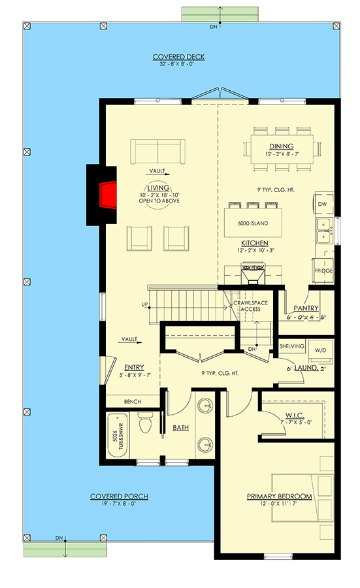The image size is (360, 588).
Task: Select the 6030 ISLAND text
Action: [x=254, y=223]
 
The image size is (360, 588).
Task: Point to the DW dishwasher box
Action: [x=321, y=204]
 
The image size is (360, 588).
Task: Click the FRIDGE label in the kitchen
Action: [x=323, y=270]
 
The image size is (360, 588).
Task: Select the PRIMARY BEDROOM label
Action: [x=279, y=497]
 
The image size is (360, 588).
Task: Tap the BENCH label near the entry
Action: [x=133, y=401]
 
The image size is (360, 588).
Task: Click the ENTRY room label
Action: [x=133, y=368]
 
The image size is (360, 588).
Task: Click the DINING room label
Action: [x=282, y=146]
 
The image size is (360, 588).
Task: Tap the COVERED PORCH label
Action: [x=119, y=497]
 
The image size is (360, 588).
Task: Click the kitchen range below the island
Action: [x=252, y=271]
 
